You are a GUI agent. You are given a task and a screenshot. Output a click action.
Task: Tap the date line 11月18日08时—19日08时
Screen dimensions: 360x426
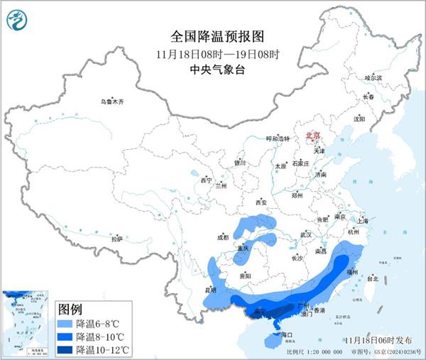pos(212,53)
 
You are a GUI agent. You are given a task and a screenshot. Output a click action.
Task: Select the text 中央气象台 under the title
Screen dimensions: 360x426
pos(212,70)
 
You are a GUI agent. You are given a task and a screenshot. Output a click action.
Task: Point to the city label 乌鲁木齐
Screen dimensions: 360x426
pos(111,102)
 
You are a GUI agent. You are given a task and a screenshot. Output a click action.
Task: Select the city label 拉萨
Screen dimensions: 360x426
pos(116,239)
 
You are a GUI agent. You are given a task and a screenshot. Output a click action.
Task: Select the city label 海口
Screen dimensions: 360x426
pos(287,334)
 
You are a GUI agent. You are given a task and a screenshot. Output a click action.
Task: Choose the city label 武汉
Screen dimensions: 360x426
pos(306,234)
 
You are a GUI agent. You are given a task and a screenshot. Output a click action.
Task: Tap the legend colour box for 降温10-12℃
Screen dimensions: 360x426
pos(65,349)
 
